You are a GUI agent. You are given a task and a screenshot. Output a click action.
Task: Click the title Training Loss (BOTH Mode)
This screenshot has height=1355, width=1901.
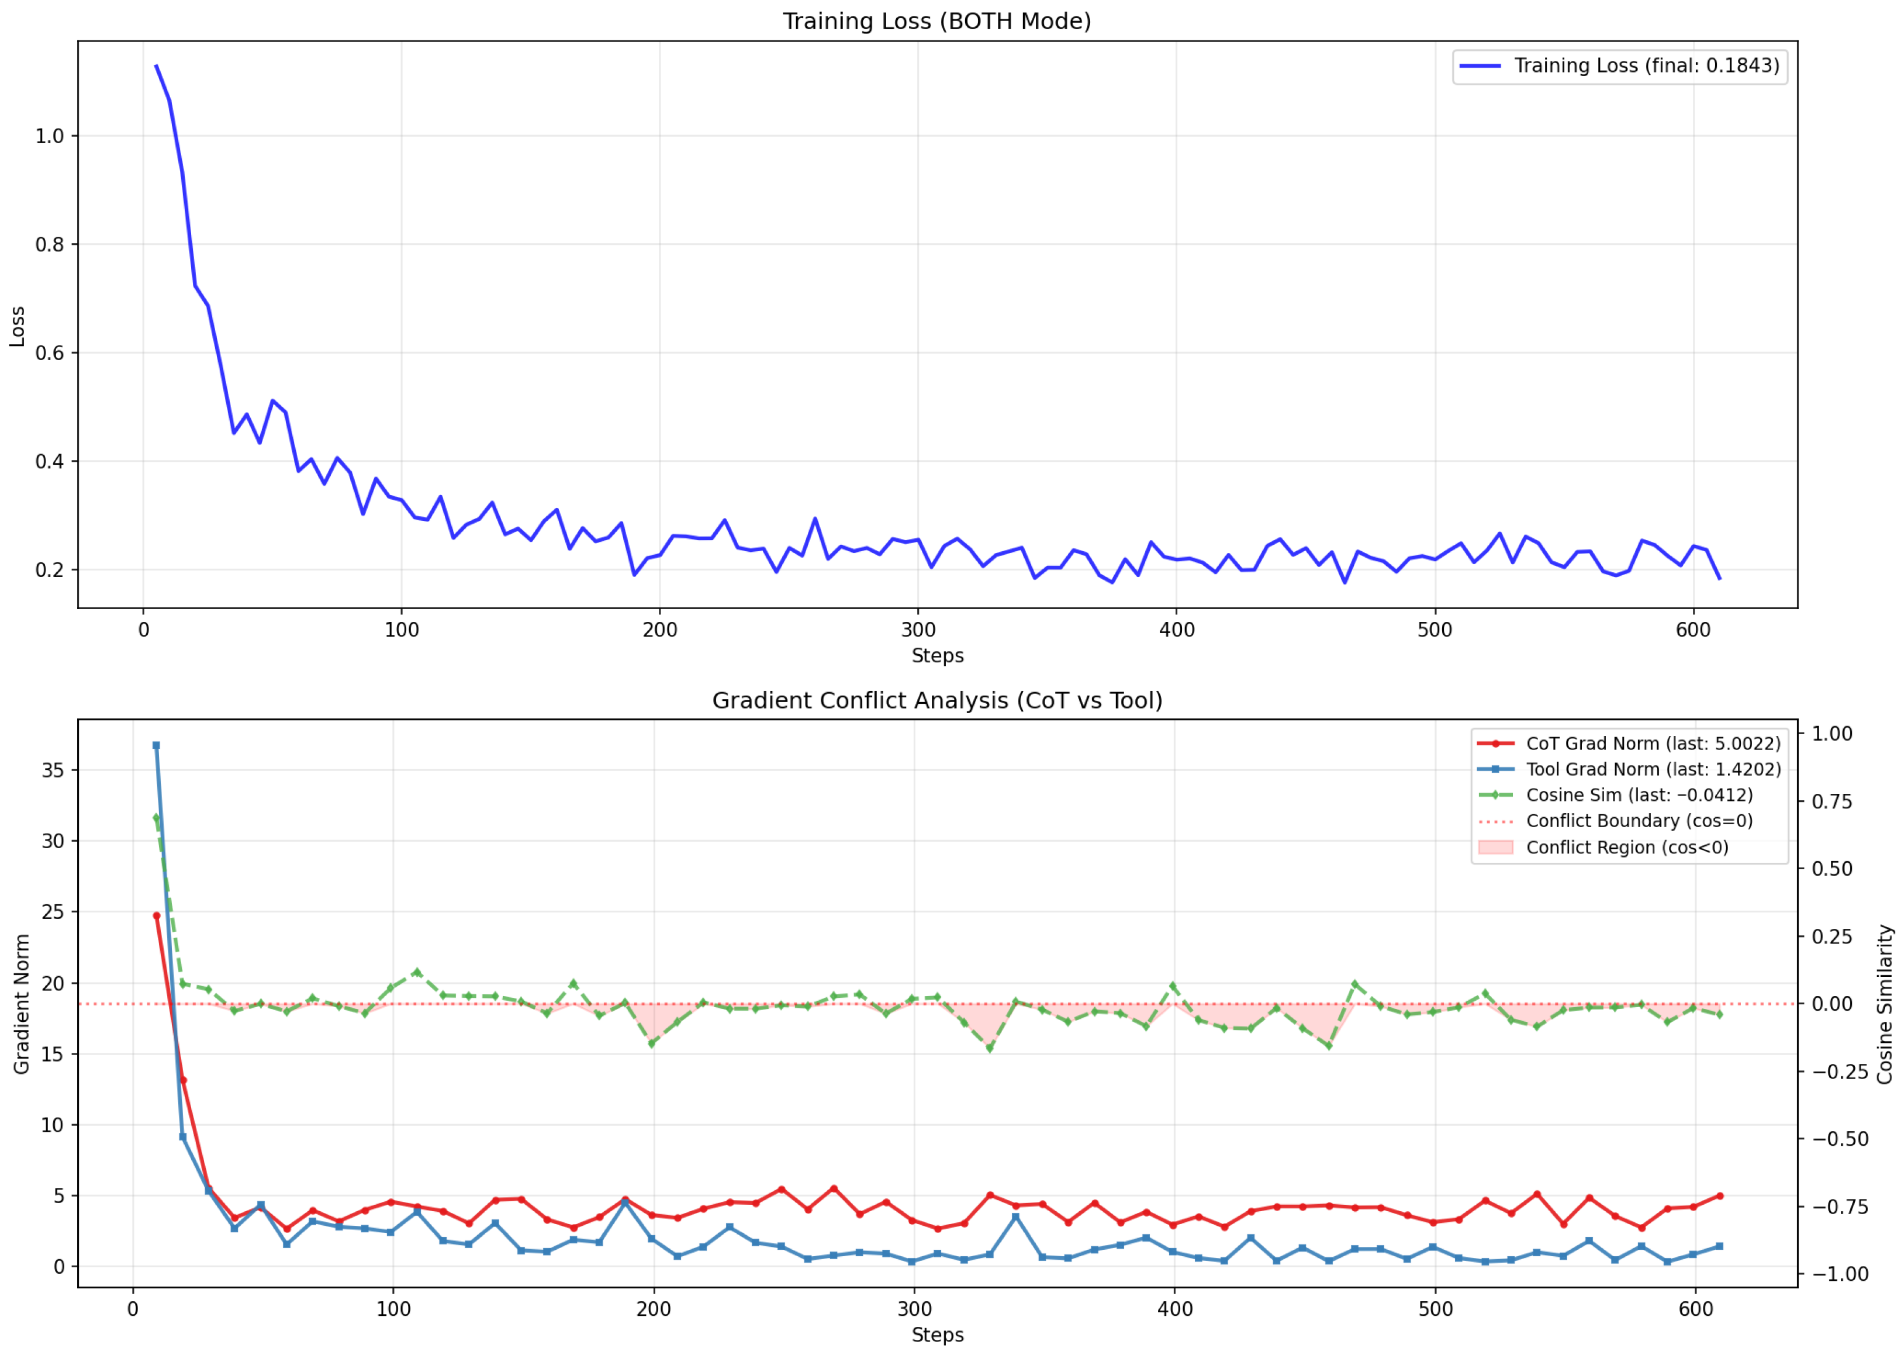[x=936, y=21]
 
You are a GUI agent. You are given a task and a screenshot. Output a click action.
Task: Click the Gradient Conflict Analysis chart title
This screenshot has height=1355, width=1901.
[x=936, y=700]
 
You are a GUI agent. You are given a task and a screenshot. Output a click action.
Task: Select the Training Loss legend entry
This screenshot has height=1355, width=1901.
[x=1619, y=65]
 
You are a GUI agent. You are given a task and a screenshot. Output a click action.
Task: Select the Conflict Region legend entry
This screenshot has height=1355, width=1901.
[x=1602, y=847]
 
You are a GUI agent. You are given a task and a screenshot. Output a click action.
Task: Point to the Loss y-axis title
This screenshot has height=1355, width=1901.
[x=17, y=326]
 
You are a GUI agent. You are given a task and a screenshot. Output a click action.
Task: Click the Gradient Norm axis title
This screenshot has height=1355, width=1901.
[x=21, y=1004]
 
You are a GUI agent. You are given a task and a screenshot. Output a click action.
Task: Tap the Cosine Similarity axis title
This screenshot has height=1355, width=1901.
[x=1884, y=1004]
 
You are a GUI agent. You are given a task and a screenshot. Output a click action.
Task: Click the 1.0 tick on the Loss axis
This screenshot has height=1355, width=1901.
[x=49, y=136]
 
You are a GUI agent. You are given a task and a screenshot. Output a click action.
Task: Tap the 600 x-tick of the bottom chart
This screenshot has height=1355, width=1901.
[x=1696, y=1308]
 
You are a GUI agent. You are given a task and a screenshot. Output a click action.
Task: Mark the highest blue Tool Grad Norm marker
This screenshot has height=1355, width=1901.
[x=156, y=745]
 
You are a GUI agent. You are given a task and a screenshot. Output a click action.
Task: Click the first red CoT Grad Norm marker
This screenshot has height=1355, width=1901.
[x=156, y=915]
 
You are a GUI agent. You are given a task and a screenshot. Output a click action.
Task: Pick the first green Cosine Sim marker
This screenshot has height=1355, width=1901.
[x=156, y=818]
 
